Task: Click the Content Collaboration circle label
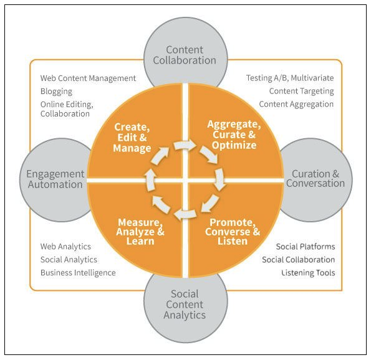(185, 55)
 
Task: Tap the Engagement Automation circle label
(55, 179)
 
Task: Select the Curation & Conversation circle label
(316, 179)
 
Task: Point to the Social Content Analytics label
(185, 305)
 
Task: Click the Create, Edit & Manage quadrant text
(132, 138)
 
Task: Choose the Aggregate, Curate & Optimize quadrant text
(234, 135)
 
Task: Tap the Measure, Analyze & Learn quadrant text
(140, 232)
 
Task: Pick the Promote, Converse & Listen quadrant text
(233, 232)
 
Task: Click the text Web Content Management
(88, 78)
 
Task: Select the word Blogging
(56, 92)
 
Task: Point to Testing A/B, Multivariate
(290, 78)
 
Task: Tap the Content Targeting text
(301, 91)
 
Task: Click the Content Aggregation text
(296, 104)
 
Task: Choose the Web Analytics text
(65, 247)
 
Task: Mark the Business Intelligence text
(78, 273)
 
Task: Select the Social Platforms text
(306, 247)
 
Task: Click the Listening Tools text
(308, 273)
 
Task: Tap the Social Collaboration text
(299, 260)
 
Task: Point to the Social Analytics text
(69, 260)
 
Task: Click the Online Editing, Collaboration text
(67, 109)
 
